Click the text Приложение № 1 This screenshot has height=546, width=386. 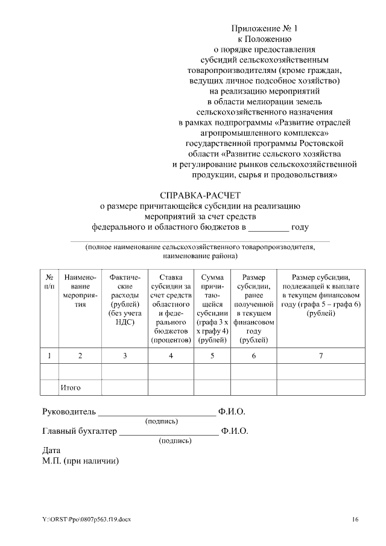[x=265, y=28]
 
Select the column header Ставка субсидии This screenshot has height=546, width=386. [x=171, y=307]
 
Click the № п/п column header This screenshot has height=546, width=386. [x=49, y=281]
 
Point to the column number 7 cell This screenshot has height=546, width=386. [x=321, y=355]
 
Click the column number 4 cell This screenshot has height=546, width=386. [x=171, y=355]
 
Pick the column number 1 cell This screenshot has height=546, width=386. [x=49, y=355]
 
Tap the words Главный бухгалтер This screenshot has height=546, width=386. [x=80, y=431]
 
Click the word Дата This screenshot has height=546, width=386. [x=52, y=451]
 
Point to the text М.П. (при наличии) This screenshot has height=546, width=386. [x=81, y=461]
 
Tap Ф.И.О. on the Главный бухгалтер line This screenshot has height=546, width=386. [x=235, y=431]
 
